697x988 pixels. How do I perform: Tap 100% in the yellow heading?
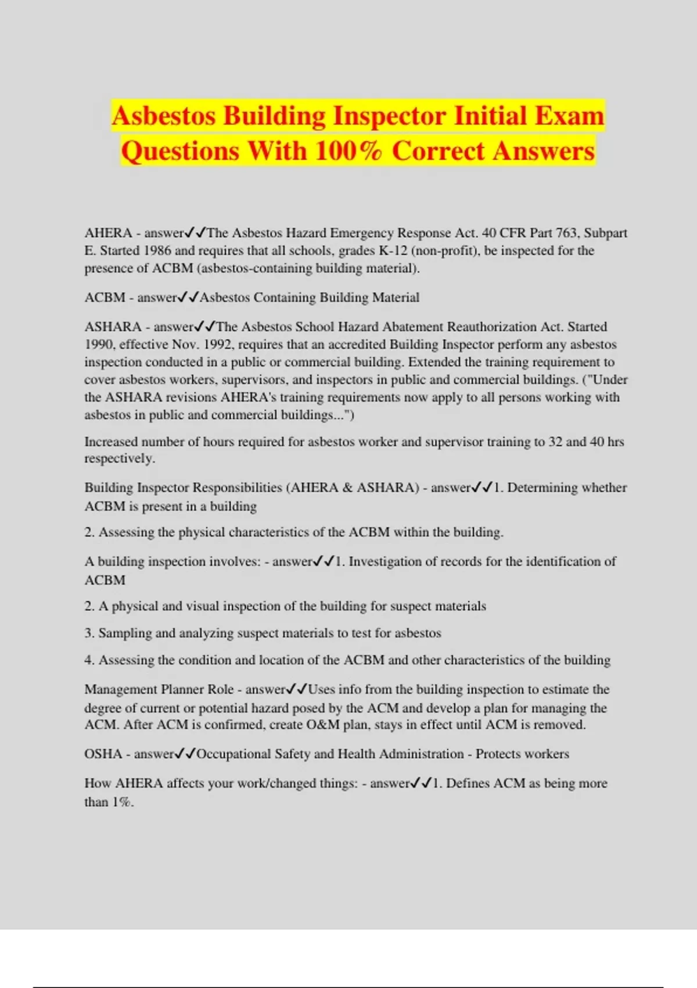click(348, 151)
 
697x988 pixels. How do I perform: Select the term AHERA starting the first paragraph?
click(109, 233)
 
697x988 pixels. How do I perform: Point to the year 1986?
click(157, 250)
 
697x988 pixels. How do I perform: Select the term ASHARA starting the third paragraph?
click(113, 327)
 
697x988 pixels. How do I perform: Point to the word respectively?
click(119, 459)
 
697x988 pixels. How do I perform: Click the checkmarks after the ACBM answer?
click(188, 298)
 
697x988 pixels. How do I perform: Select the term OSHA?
click(103, 754)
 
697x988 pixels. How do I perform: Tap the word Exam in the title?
click(569, 116)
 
